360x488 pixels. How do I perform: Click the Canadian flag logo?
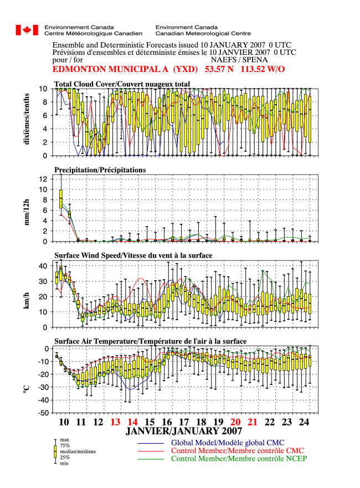pos(27,30)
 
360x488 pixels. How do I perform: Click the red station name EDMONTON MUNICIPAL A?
pos(110,69)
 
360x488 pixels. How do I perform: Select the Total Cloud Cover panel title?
pos(122,84)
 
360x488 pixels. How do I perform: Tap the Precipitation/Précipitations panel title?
pos(100,170)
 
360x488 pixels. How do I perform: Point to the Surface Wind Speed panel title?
pos(133,255)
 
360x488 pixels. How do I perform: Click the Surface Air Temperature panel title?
pos(150,341)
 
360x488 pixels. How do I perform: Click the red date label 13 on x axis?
pos(115,422)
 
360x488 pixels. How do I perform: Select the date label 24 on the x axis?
pos(304,422)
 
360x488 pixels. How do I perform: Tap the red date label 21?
pos(253,422)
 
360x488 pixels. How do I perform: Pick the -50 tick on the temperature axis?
pos(44,413)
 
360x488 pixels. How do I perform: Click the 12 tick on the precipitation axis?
pos(44,179)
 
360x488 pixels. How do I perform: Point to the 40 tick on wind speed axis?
pos(43,266)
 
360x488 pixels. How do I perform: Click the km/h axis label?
pos(27,301)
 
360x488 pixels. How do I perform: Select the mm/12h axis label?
pos(27,212)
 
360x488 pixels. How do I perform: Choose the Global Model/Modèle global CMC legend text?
pos(228,443)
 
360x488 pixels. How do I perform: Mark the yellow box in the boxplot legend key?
pos(55,451)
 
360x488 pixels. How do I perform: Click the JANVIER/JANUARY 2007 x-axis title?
pos(184,431)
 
